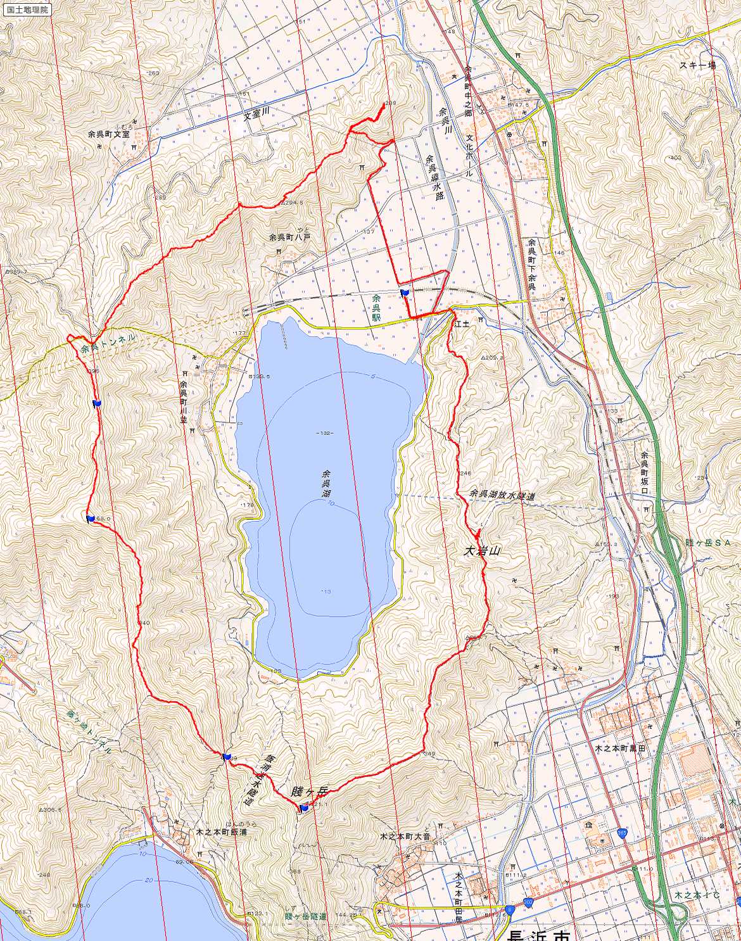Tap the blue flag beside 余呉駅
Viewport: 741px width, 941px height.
click(x=404, y=292)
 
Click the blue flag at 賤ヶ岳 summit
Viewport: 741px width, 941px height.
click(x=304, y=807)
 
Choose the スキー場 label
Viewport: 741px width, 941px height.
click(x=697, y=65)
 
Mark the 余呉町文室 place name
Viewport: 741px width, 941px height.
click(x=109, y=134)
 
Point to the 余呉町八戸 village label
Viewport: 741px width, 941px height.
click(x=290, y=237)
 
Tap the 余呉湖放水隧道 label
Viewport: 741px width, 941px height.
click(x=502, y=495)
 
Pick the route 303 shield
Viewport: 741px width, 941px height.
click(x=528, y=902)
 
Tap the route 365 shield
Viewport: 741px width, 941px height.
click(x=623, y=835)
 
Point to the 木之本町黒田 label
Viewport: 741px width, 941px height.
click(x=619, y=748)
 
